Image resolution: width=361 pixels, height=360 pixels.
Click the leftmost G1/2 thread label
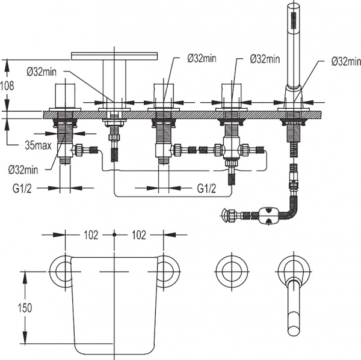(x=22, y=188)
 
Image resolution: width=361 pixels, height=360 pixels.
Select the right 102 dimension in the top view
(x=138, y=236)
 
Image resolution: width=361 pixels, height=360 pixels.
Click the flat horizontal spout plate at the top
(x=115, y=56)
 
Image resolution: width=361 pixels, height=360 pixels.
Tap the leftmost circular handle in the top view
(x=61, y=272)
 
